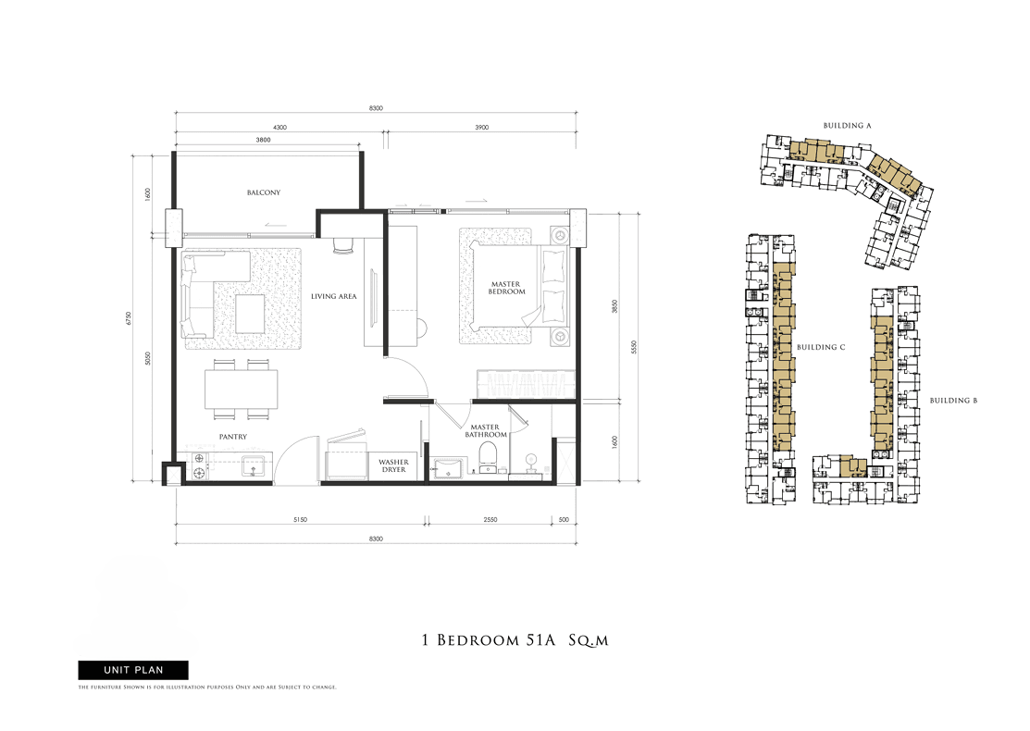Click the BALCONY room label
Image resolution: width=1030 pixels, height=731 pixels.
[x=264, y=192]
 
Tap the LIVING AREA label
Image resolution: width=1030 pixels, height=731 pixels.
[x=334, y=296]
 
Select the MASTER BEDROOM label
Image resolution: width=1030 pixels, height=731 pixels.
[x=506, y=288]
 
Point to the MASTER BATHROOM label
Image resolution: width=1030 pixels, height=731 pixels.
[x=486, y=431]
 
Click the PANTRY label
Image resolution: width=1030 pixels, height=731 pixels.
[x=233, y=437]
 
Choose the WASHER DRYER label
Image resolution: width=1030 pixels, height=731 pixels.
[x=393, y=465]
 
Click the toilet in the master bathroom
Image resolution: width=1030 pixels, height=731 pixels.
[x=488, y=456]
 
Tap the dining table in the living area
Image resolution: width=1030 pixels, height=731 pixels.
[x=242, y=390]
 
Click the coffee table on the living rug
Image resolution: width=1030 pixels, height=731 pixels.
[x=250, y=314]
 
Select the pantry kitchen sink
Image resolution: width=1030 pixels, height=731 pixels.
[x=253, y=465]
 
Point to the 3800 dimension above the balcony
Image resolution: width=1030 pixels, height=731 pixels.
[x=263, y=140]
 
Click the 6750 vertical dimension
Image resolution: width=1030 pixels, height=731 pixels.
[x=129, y=318]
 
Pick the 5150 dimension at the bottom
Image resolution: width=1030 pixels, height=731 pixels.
[x=300, y=519]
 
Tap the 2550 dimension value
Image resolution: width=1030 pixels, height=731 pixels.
[x=490, y=519]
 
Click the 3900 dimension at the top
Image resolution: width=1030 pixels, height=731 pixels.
[x=481, y=128]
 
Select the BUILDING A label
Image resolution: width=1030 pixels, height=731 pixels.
[x=848, y=126]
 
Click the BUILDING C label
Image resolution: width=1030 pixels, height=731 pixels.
[x=821, y=347]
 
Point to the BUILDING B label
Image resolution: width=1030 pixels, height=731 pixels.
[x=954, y=401]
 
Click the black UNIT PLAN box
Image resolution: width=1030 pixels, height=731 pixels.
[x=133, y=670]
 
